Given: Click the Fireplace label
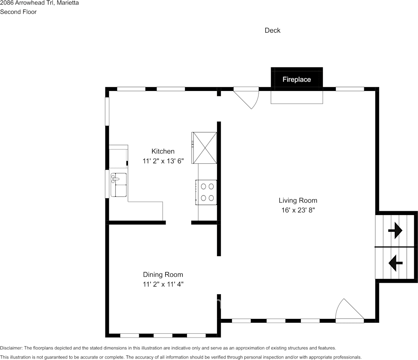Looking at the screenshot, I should [x=297, y=80].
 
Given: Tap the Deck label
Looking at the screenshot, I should [x=273, y=30].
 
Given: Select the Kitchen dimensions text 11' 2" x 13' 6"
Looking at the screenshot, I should [x=163, y=161].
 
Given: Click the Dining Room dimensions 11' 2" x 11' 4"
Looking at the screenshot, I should [x=163, y=284].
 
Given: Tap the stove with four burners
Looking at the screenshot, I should [x=207, y=192].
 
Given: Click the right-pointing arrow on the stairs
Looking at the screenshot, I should [x=395, y=230].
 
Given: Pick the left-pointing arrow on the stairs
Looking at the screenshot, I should [x=395, y=263].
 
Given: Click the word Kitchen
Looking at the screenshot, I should [x=163, y=151].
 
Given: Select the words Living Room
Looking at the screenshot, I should [x=298, y=201].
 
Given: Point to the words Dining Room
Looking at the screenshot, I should [x=163, y=274].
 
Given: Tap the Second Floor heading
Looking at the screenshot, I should [x=18, y=12].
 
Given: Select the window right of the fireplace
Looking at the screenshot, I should [x=349, y=89].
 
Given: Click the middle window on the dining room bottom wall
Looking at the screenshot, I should [x=163, y=336].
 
